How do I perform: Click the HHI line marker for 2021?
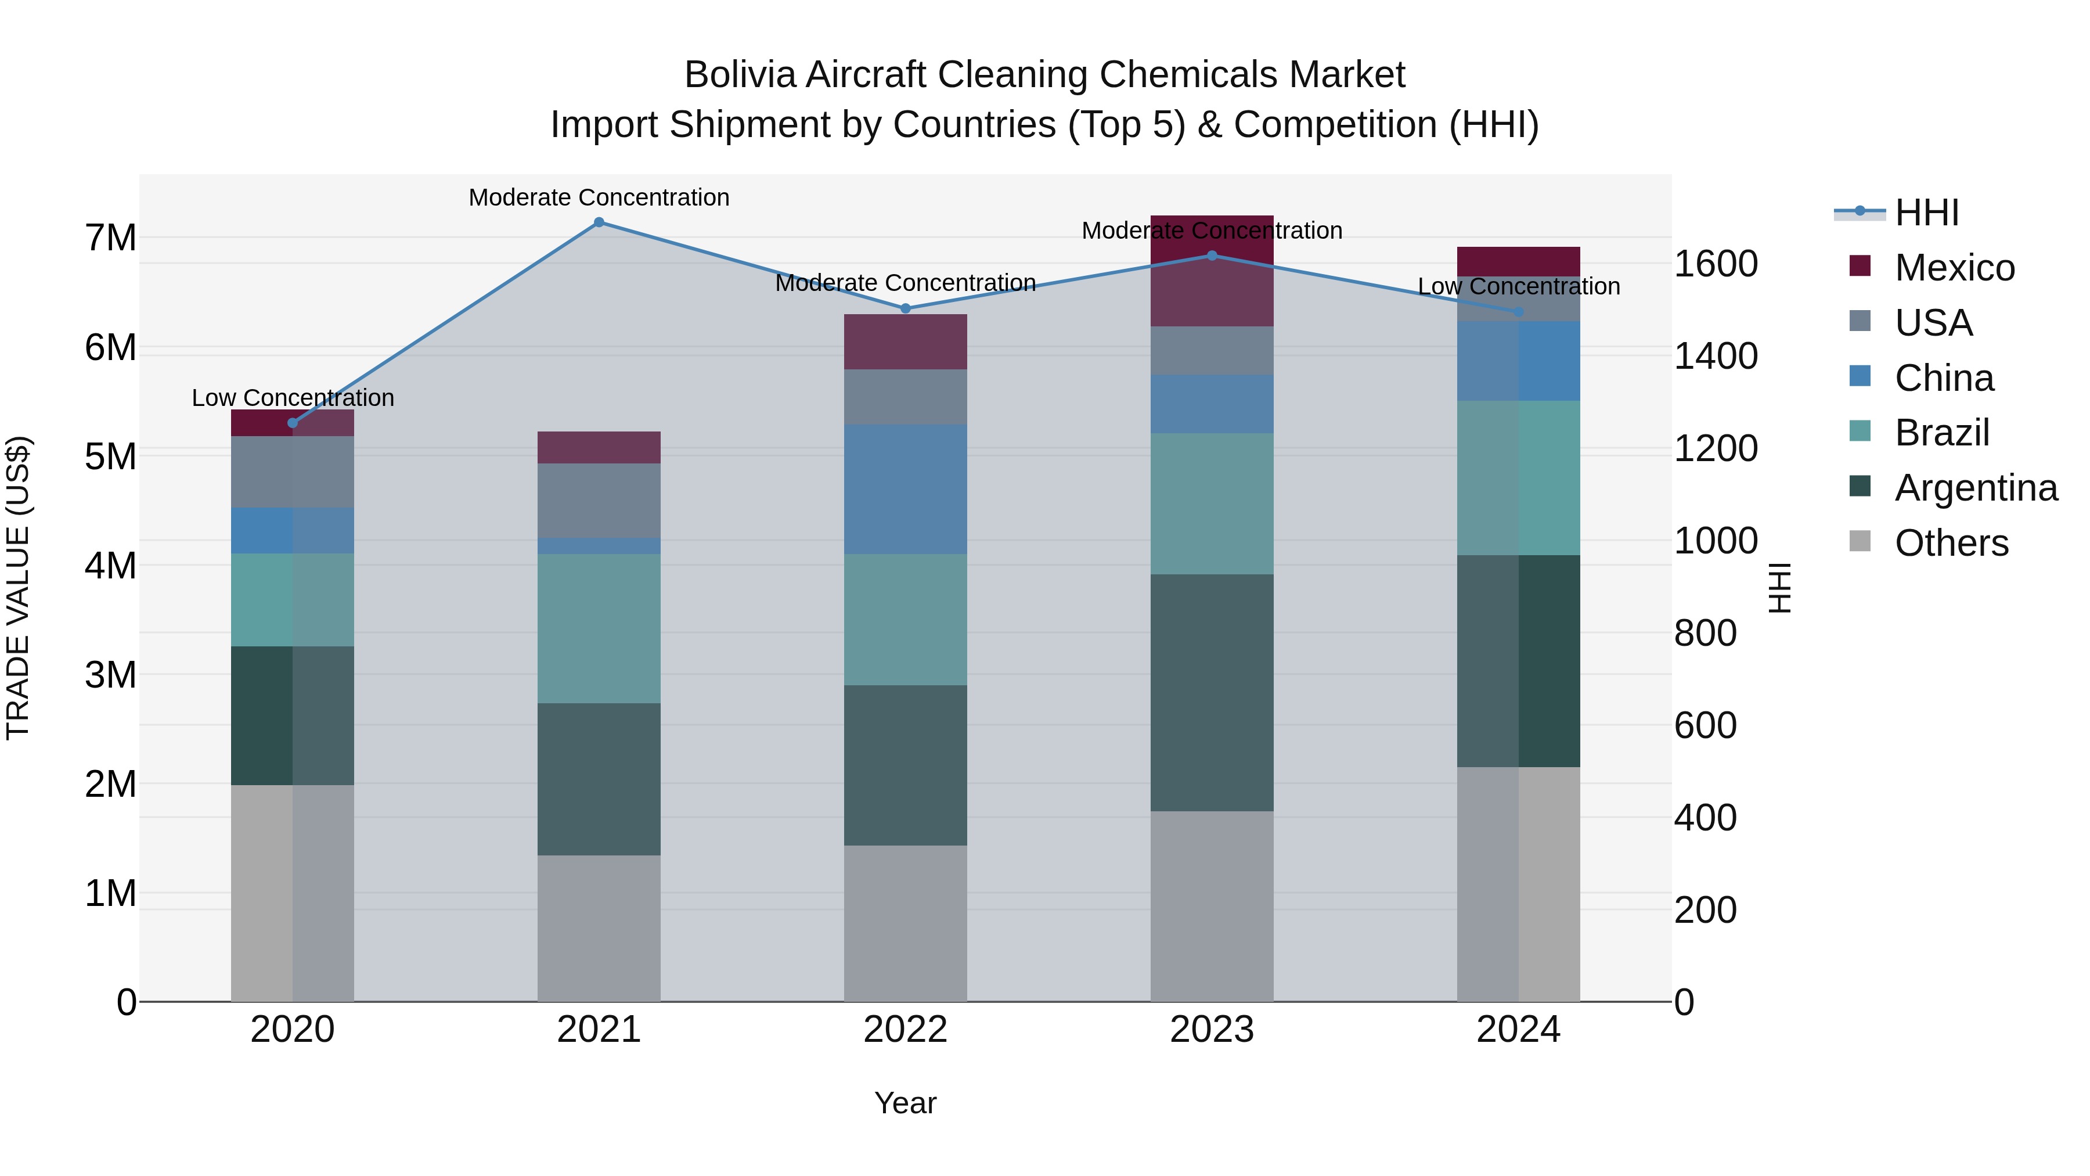click(599, 222)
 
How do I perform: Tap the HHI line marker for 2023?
click(1212, 256)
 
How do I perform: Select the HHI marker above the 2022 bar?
click(906, 308)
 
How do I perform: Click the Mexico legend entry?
click(1954, 268)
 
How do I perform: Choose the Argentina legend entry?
click(1975, 488)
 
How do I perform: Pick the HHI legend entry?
click(1926, 213)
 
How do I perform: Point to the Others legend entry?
click(1951, 543)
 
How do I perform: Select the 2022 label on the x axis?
click(906, 1030)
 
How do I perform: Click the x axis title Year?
click(906, 1103)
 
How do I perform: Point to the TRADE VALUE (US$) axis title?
click(18, 588)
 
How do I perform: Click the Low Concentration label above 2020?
click(293, 398)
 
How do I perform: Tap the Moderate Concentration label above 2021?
click(599, 197)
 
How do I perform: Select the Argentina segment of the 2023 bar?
click(1212, 692)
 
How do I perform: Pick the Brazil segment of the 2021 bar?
click(599, 628)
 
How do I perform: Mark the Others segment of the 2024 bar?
click(1518, 884)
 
